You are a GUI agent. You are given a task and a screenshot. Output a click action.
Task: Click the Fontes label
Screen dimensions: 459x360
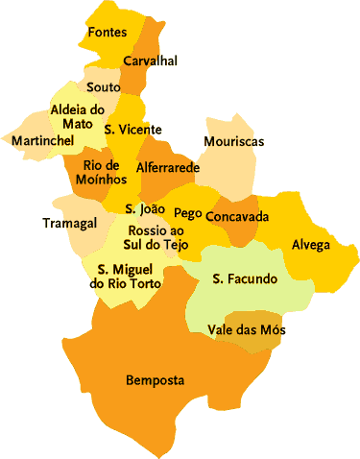coord(107,33)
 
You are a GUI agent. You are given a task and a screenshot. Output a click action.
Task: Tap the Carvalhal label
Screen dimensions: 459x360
coord(150,61)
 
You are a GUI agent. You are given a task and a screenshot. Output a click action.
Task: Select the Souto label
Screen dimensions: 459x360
coord(103,87)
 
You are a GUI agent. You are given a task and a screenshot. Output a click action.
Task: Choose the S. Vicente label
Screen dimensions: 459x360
coord(132,130)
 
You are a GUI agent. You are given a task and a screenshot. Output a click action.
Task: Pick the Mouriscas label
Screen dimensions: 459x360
coord(233,142)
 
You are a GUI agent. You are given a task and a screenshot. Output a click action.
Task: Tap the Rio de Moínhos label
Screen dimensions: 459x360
coord(100,173)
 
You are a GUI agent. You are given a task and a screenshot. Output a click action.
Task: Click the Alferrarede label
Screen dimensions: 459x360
coord(167,167)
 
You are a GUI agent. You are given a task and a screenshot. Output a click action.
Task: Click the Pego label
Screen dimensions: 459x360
coord(187,213)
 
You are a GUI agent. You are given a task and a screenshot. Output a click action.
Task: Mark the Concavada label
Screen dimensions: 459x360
coord(237,216)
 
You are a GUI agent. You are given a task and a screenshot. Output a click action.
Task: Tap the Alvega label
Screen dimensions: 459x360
coord(310,244)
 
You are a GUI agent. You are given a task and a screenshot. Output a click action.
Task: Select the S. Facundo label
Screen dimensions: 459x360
coord(245,279)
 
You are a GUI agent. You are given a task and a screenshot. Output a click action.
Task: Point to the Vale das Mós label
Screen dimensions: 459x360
coord(246,330)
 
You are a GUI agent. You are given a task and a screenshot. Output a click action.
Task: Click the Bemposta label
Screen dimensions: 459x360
coord(155,380)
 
